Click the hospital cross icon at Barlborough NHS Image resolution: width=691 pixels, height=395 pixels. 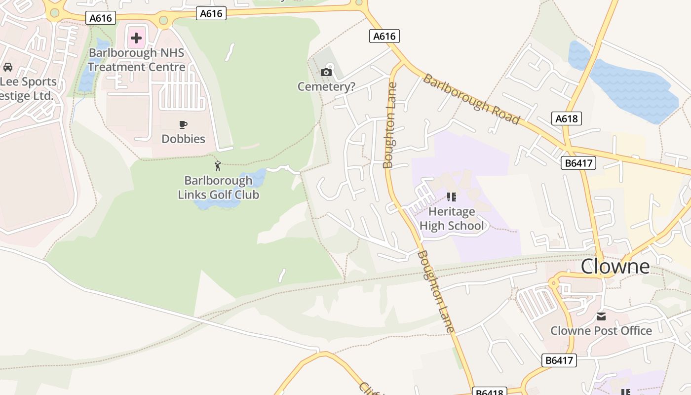(x=136, y=38)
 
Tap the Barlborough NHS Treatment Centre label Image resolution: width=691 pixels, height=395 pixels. (x=137, y=60)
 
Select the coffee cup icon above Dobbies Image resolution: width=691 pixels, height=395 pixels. (x=184, y=125)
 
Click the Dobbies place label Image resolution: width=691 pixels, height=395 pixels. (x=184, y=139)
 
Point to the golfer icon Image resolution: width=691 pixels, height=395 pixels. (x=218, y=166)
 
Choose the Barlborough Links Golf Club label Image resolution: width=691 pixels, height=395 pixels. (x=218, y=188)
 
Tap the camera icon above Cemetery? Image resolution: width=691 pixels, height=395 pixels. (x=326, y=73)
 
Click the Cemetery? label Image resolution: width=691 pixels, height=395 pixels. (x=326, y=87)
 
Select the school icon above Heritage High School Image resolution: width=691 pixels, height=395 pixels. (x=451, y=197)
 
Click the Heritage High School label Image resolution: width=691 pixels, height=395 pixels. (x=452, y=219)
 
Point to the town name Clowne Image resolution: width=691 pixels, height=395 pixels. (x=615, y=266)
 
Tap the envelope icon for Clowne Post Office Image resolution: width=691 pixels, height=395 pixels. (x=601, y=316)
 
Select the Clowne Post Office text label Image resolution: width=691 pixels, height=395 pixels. (x=601, y=331)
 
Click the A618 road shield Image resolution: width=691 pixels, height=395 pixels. (x=566, y=118)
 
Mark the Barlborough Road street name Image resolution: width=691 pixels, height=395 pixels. (x=471, y=99)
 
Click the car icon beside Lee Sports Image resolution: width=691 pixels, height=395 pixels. (x=8, y=67)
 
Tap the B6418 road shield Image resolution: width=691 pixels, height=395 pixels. (x=490, y=392)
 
